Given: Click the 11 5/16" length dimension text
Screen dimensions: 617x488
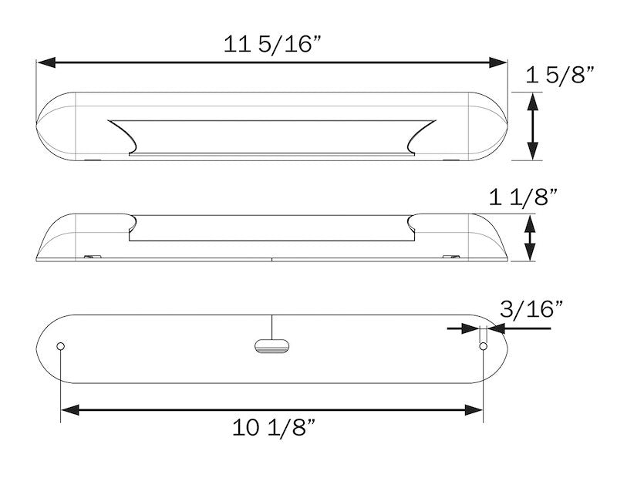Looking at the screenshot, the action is click(x=273, y=43).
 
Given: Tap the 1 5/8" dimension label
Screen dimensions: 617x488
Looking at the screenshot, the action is click(x=560, y=74).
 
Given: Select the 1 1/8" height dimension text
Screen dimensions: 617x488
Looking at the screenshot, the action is click(x=523, y=197).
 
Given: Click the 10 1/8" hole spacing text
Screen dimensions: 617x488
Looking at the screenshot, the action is click(x=275, y=427).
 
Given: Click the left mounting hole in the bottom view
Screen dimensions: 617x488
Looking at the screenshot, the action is click(x=61, y=346).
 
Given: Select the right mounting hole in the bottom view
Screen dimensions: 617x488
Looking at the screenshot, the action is click(x=484, y=346).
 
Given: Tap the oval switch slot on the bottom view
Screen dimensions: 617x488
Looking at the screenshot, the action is click(x=272, y=345).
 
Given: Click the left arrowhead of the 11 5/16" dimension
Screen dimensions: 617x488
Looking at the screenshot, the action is click(x=46, y=62).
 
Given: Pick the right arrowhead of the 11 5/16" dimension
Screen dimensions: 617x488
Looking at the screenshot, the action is click(x=497, y=62).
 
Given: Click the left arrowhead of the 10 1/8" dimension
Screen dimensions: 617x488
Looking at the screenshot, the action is click(x=70, y=410).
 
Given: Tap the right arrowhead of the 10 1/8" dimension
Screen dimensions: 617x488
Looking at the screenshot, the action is click(x=474, y=410).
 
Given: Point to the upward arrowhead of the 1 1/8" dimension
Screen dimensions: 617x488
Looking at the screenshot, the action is click(x=530, y=224).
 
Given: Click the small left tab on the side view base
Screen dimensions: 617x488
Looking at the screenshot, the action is click(x=93, y=257).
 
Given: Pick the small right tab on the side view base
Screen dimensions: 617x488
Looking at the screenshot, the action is click(x=451, y=257).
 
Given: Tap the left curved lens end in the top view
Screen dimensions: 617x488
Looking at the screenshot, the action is click(x=123, y=136).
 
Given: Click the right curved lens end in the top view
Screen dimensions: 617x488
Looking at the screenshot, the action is click(x=422, y=136).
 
